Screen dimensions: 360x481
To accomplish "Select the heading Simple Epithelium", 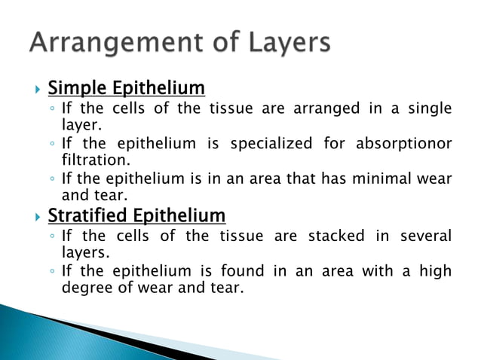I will pyautogui.click(x=126, y=88).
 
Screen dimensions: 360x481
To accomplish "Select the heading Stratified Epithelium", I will pyautogui.click(x=136, y=216).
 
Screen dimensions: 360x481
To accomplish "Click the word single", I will pyautogui.click(x=430, y=109).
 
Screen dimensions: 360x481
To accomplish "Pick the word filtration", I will pyautogui.click(x=95, y=160).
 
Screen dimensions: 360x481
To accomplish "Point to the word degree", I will pyautogui.click(x=84, y=288).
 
